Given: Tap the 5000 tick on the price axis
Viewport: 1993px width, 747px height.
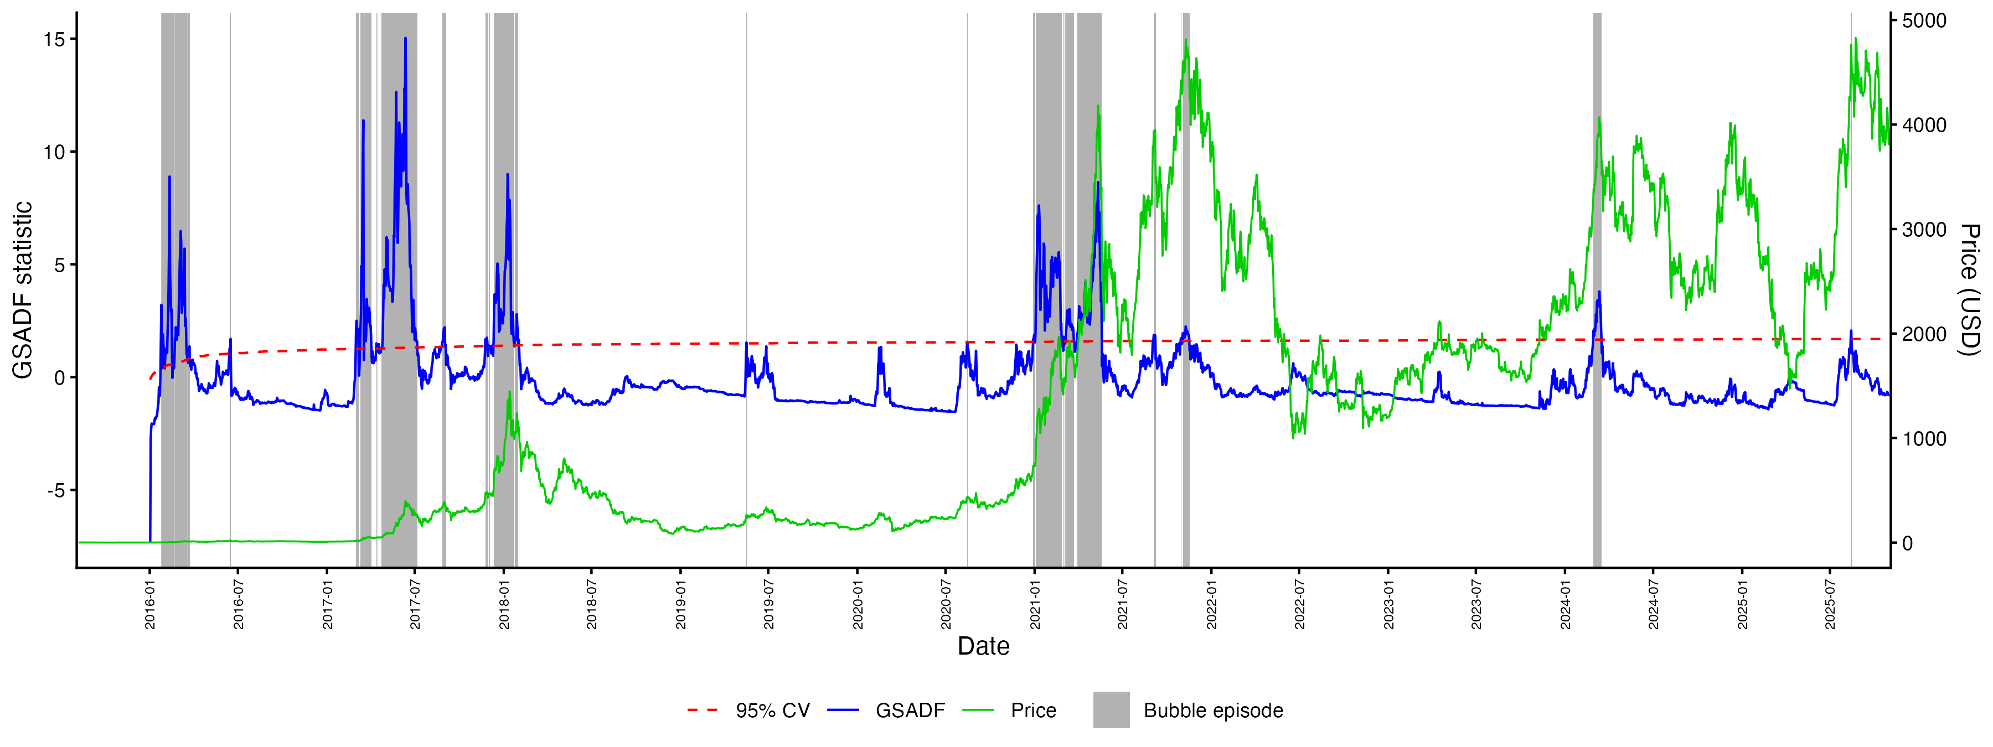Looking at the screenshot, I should coord(1924,21).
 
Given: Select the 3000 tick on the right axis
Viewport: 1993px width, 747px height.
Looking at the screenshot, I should coord(1924,230).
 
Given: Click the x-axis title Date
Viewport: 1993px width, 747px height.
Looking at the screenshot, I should coord(983,646).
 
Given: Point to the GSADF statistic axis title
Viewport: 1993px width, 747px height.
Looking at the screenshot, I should coord(23,290).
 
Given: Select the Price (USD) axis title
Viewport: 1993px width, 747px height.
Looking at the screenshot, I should coord(1970,290).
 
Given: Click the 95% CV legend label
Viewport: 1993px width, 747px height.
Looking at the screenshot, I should coord(772,710).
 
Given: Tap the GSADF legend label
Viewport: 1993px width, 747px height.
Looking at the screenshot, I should coord(910,710).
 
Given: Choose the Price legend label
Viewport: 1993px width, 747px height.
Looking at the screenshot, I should coord(1033,710).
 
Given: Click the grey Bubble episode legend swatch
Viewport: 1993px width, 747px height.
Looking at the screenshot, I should coord(1111,710).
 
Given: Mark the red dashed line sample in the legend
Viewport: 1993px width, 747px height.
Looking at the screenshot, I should coord(703,710).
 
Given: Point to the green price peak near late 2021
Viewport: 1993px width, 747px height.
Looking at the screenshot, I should coord(1185,40).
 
